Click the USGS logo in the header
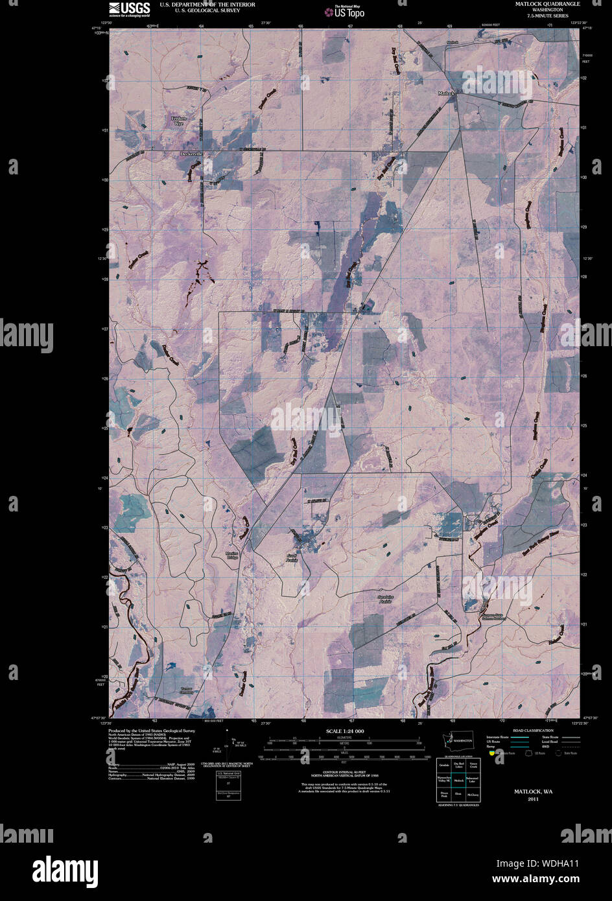pyautogui.click(x=130, y=8)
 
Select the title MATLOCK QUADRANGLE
pyautogui.click(x=548, y=4)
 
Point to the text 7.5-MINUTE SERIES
pyautogui.click(x=548, y=16)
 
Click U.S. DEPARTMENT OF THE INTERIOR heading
pyautogui.click(x=198, y=5)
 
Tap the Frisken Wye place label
pyautogui.click(x=178, y=121)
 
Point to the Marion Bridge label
pyautogui.click(x=232, y=556)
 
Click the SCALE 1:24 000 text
pyautogui.click(x=345, y=731)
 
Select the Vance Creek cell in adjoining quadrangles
pyautogui.click(x=473, y=767)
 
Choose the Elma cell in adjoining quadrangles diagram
pyautogui.click(x=458, y=792)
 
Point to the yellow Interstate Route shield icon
pyautogui.click(x=492, y=753)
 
